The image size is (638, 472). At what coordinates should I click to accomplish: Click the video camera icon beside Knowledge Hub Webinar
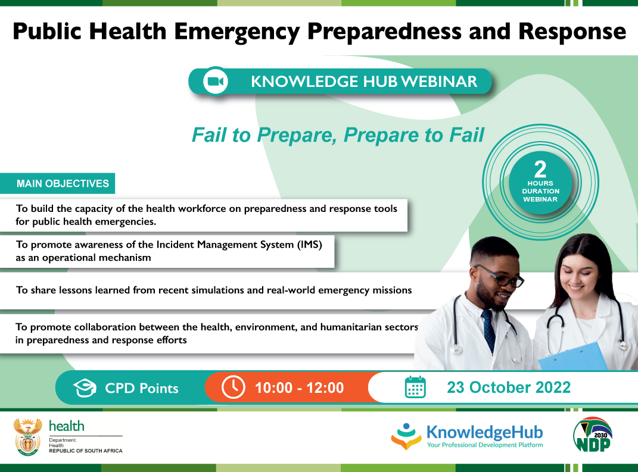(x=215, y=82)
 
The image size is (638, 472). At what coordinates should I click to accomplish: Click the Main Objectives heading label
(x=63, y=183)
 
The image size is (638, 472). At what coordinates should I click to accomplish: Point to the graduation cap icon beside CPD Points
(x=85, y=388)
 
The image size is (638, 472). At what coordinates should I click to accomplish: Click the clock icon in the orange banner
(x=233, y=387)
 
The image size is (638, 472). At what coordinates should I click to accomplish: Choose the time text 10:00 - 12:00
(x=299, y=388)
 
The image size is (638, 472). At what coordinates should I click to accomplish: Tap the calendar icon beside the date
(x=415, y=387)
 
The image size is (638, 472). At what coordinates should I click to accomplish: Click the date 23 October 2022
(x=509, y=387)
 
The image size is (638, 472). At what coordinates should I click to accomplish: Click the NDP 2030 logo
(x=593, y=435)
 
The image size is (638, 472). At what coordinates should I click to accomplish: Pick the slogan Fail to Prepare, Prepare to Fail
(x=338, y=135)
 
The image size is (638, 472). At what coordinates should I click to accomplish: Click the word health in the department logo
(x=67, y=426)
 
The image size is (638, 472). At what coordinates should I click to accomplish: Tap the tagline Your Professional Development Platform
(x=484, y=445)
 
